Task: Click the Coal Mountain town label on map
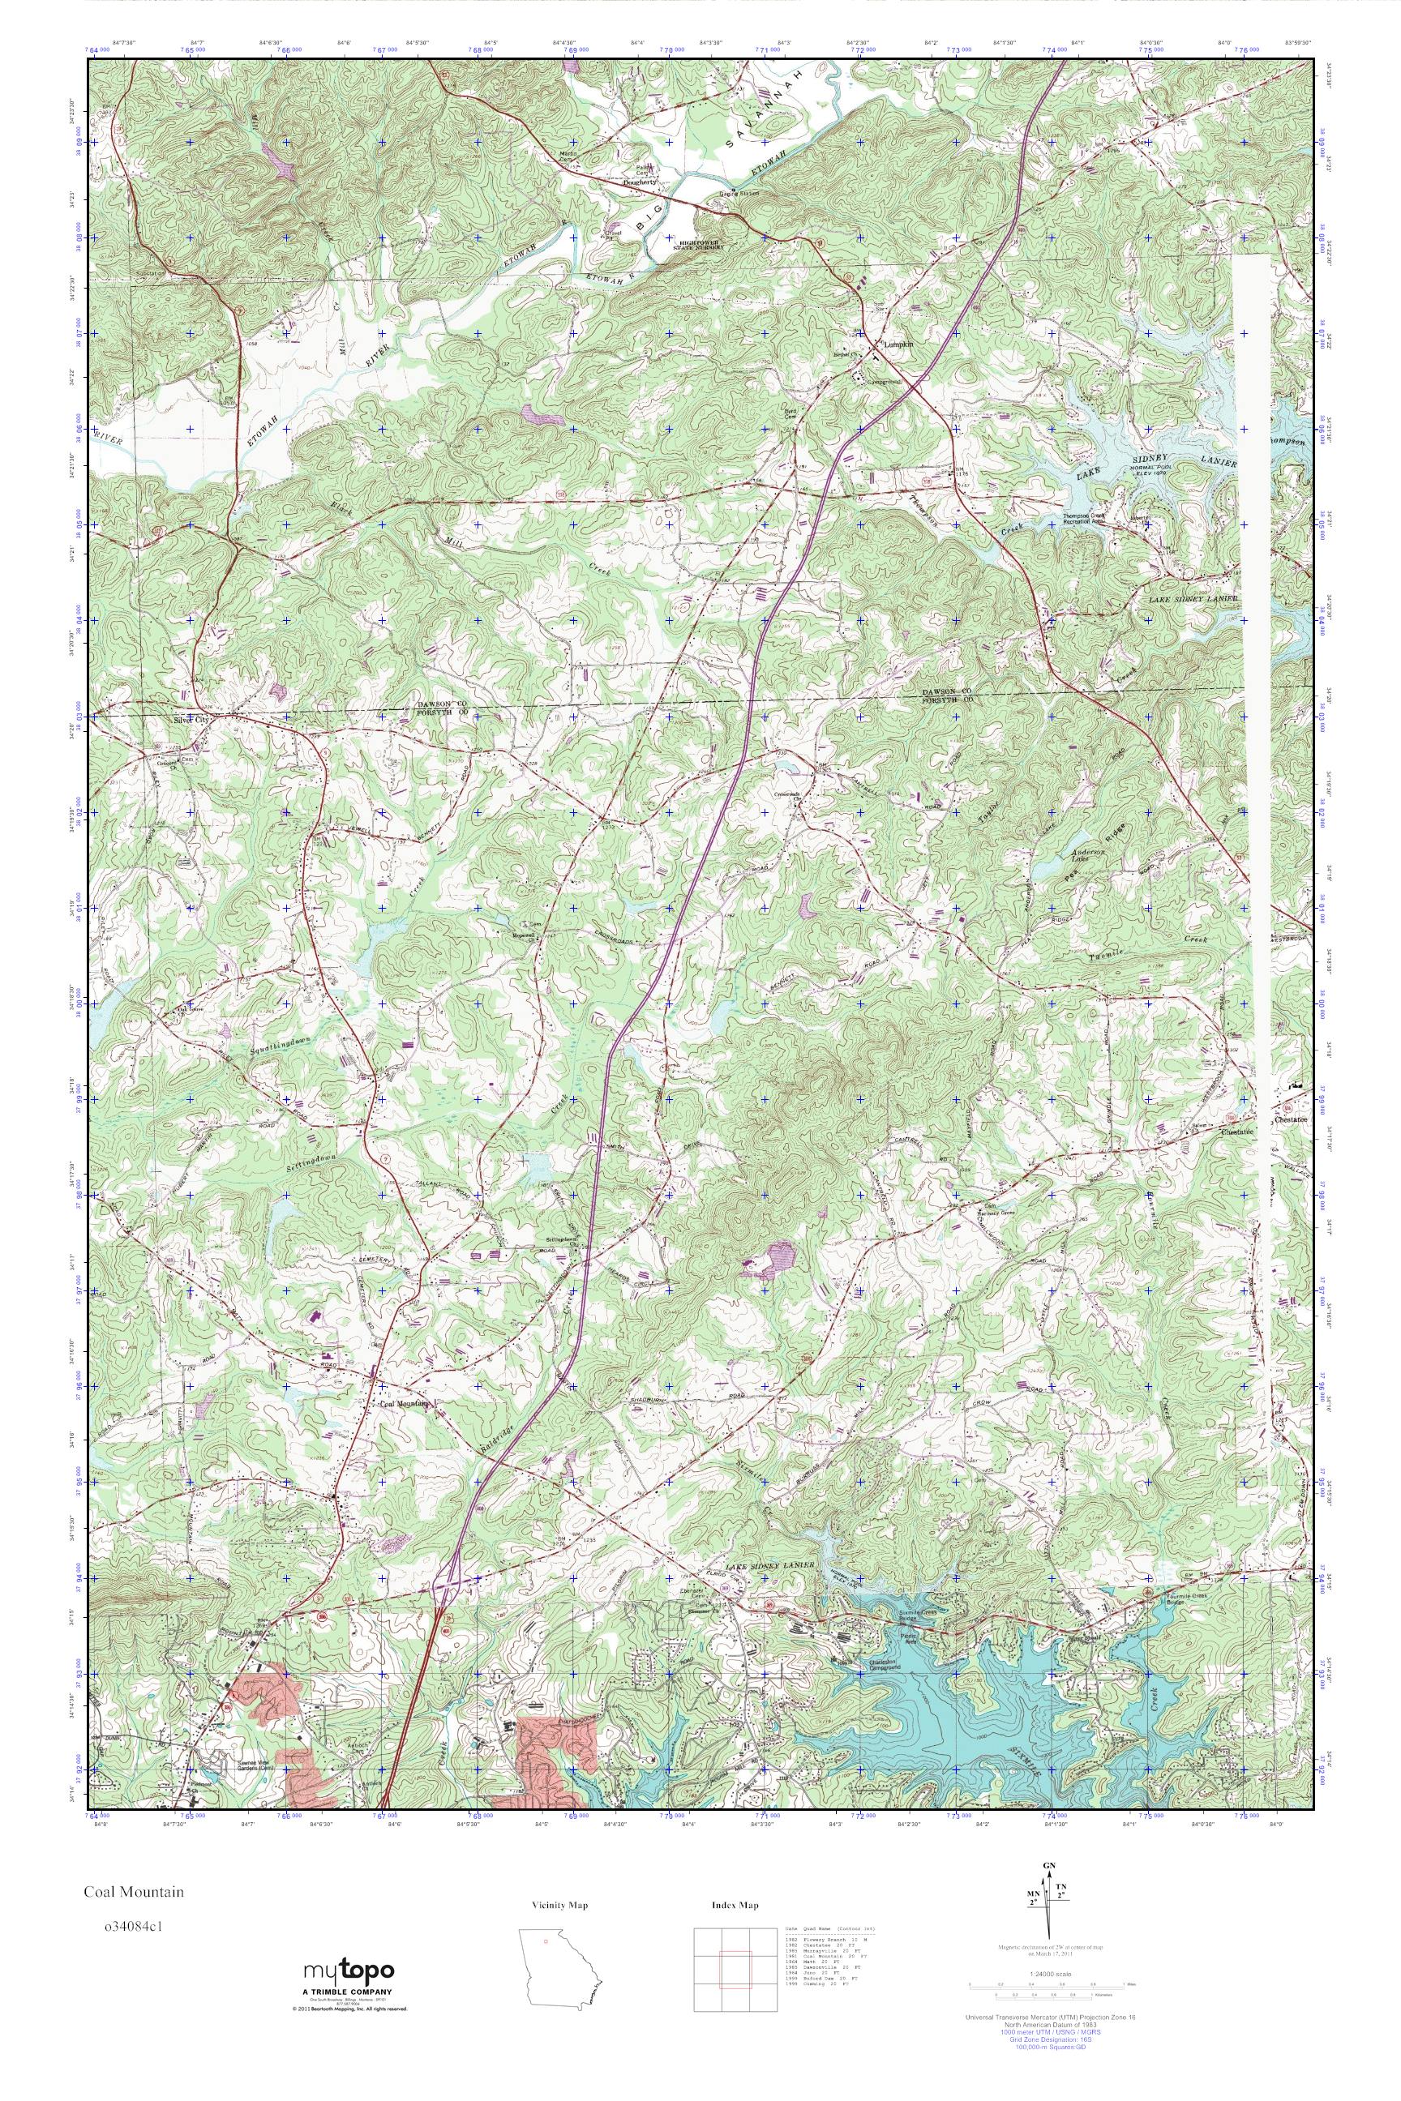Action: pos(404,1403)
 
